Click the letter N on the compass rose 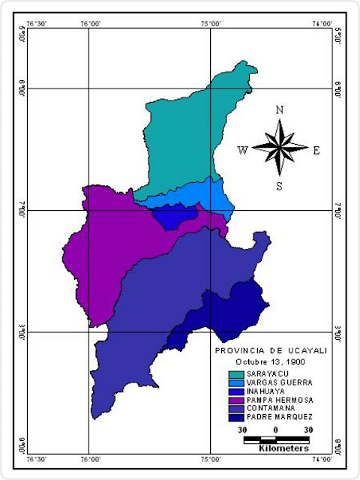(280, 109)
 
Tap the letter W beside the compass (242, 150)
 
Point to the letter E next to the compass (316, 150)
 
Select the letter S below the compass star (279, 186)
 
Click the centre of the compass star (280, 148)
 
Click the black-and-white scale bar (276, 438)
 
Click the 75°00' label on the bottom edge (209, 457)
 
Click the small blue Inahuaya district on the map (175, 217)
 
